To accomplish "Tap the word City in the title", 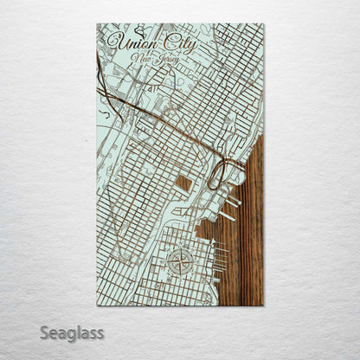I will click(x=178, y=43).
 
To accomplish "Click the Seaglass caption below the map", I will click(x=71, y=332).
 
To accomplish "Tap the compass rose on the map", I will click(x=181, y=261).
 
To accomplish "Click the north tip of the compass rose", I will click(x=181, y=248).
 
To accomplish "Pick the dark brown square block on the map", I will click(x=184, y=183).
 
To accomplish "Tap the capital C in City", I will click(x=167, y=42).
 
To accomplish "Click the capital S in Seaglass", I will click(x=44, y=332).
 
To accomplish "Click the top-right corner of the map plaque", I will click(x=263, y=24).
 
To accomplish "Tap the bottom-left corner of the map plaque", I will click(x=97, y=305).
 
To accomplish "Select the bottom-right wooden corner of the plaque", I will click(x=262, y=305).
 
